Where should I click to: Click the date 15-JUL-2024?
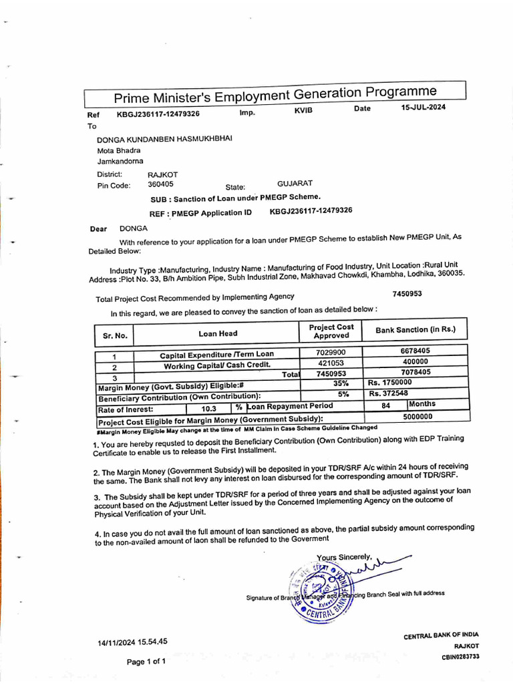(423, 108)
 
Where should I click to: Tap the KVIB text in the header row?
(303, 110)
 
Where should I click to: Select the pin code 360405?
(160, 184)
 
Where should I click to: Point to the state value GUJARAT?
(295, 183)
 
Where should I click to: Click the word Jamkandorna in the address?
(120, 161)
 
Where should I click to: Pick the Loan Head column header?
(218, 333)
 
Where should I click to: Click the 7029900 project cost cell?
(331, 352)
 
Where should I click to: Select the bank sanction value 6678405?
(415, 350)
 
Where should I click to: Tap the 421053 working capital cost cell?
(331, 363)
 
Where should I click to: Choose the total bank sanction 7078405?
(415, 371)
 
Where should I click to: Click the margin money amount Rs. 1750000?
(389, 383)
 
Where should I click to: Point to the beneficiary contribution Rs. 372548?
(388, 393)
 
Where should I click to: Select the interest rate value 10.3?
(209, 408)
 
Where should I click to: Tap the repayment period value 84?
(385, 405)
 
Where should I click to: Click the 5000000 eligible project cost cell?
(418, 416)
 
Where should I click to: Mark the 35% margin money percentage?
(341, 384)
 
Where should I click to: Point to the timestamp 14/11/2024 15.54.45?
(132, 642)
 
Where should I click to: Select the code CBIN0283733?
(460, 657)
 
